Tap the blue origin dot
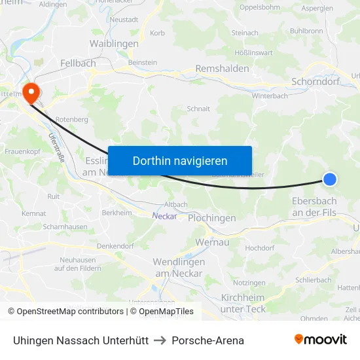point(330,179)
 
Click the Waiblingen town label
point(114,44)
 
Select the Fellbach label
point(78,63)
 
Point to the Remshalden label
point(222,69)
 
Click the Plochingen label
point(211,218)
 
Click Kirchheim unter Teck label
point(243,303)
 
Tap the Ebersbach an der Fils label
point(314,207)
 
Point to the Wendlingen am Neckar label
point(179,267)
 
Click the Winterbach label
point(270,96)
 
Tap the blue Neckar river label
point(164,216)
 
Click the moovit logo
point(321,340)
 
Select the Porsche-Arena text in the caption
point(207,340)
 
